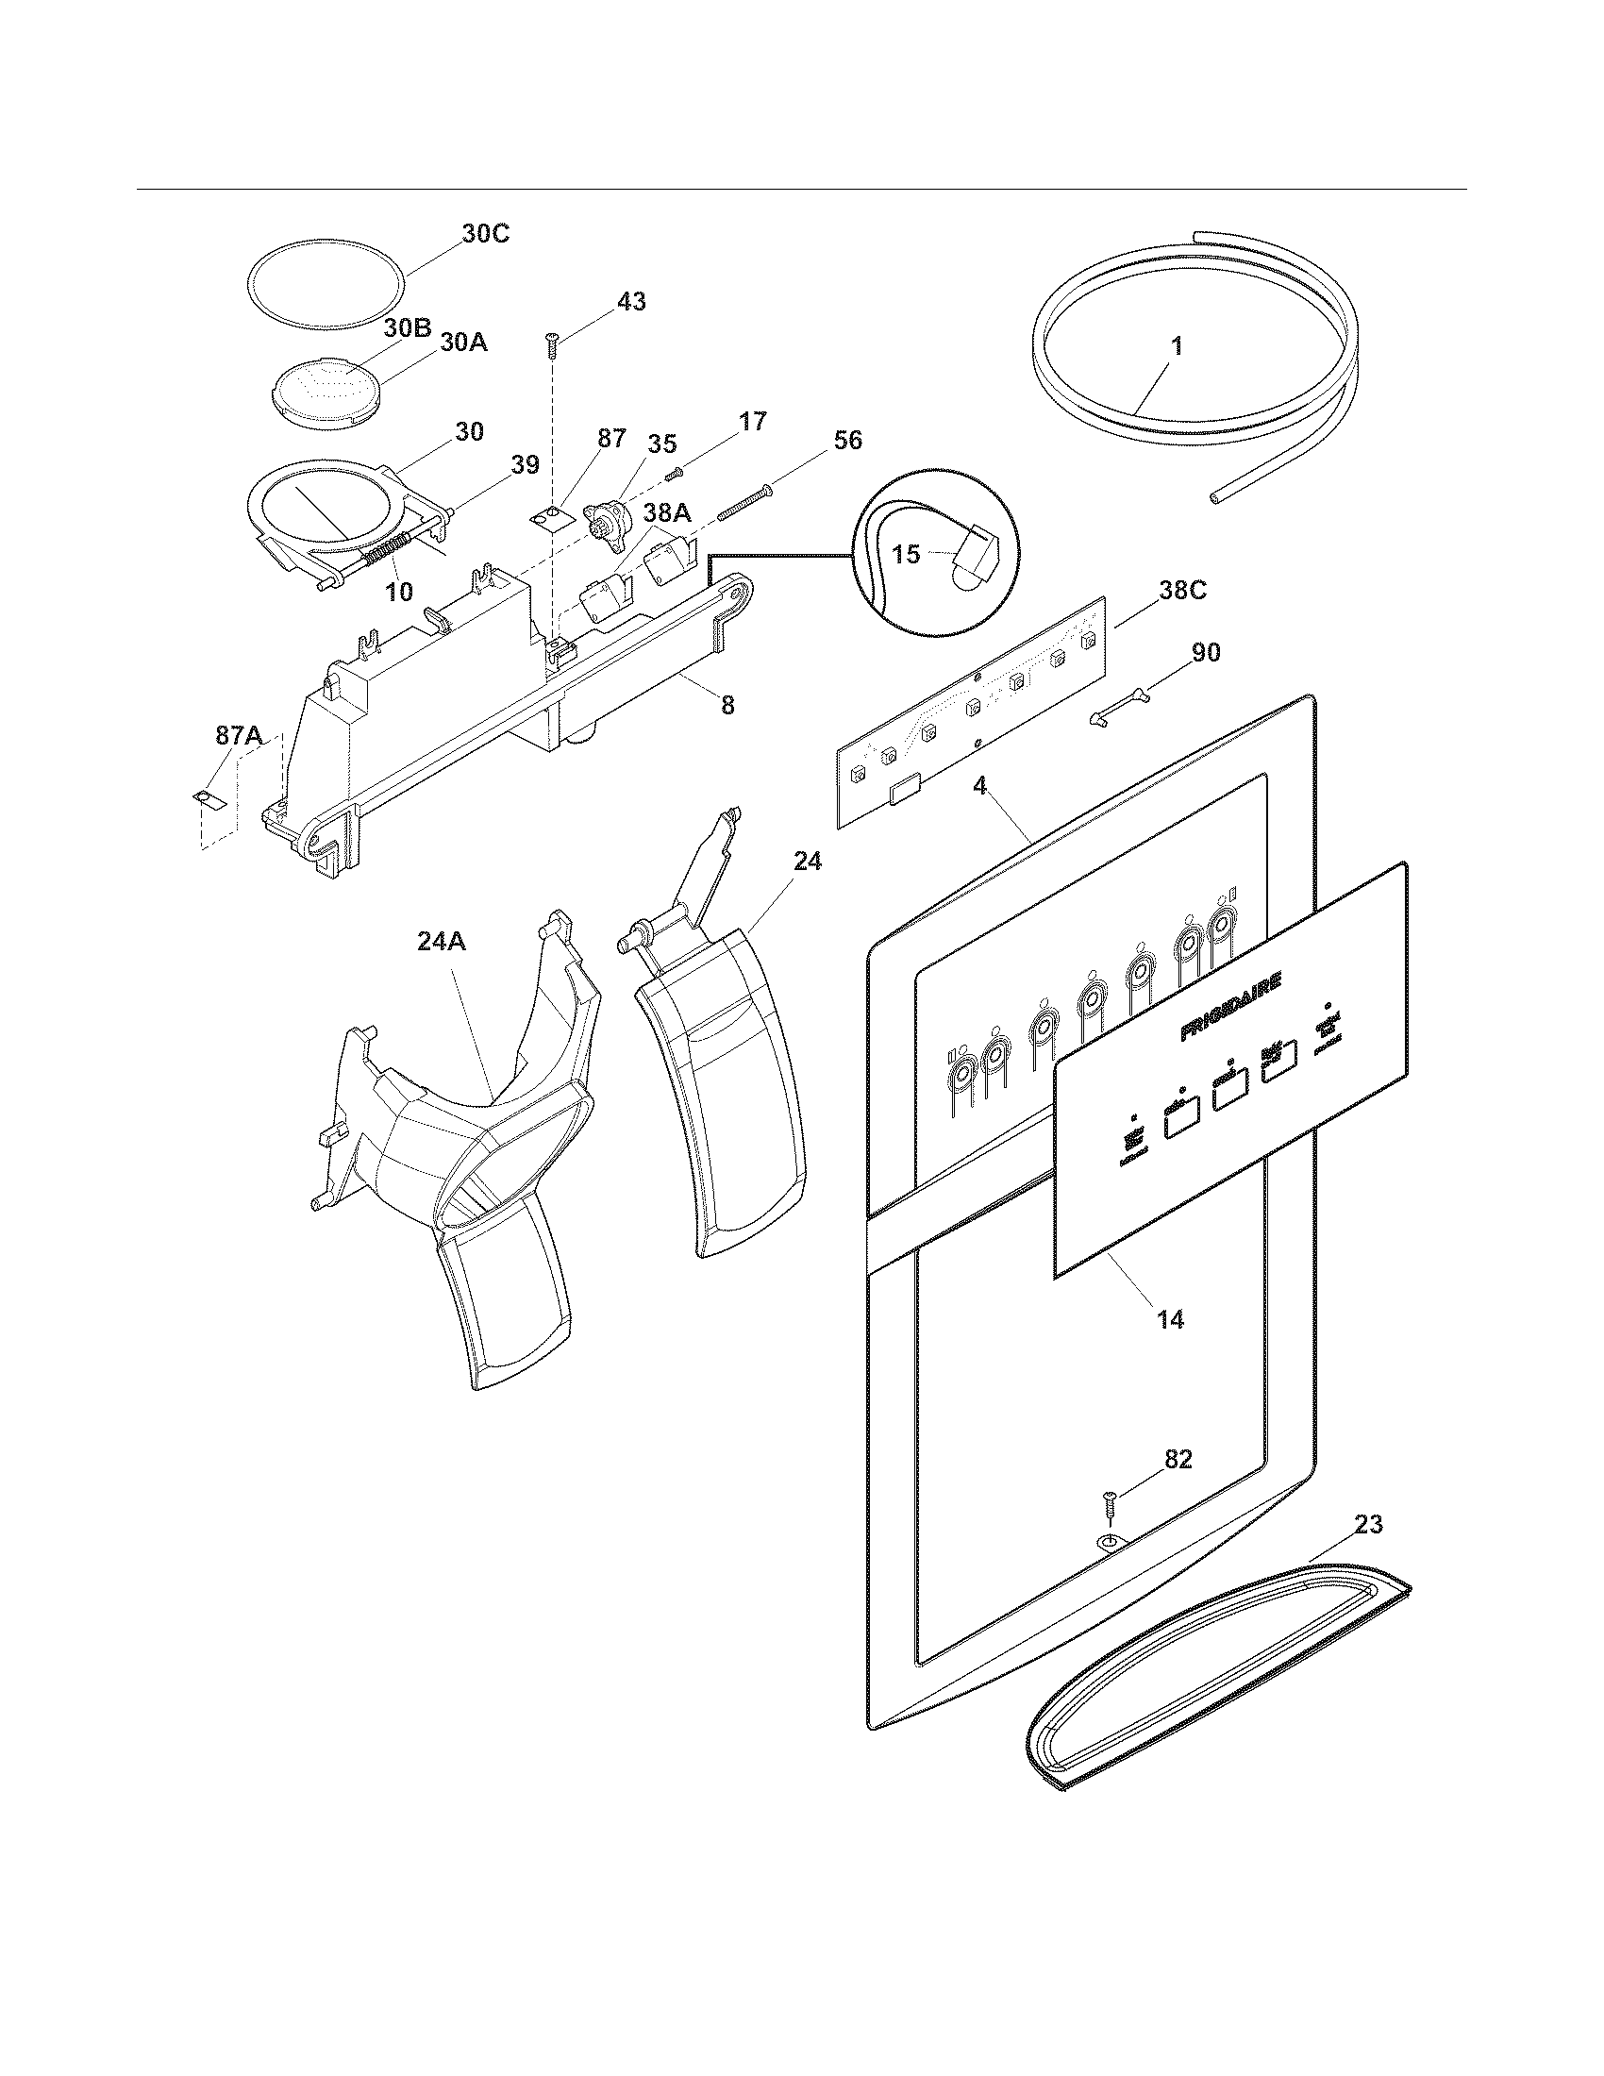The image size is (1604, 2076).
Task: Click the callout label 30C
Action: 485,234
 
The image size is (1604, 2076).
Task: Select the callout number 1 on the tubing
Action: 1177,347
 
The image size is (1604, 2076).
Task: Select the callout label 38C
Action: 1181,591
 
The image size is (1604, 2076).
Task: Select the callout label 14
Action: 1170,1319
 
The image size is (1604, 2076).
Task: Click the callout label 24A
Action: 441,941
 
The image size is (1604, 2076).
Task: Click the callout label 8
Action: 727,705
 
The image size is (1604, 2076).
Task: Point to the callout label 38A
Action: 667,513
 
